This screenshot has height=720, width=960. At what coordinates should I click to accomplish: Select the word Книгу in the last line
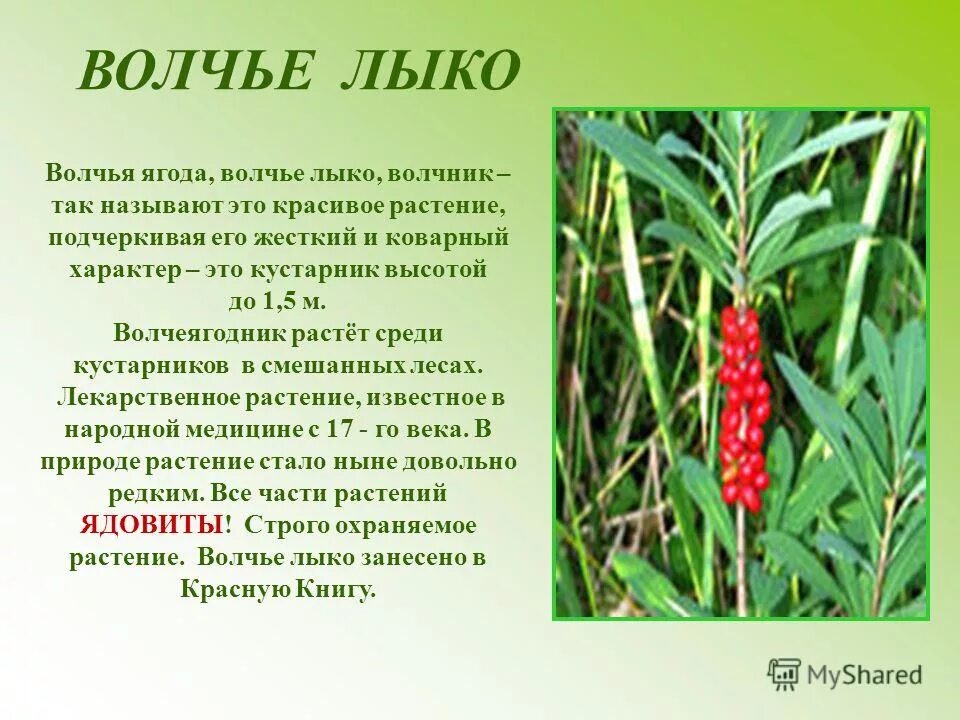[x=337, y=589]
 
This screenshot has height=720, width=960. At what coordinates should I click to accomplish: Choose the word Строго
[x=284, y=525]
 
